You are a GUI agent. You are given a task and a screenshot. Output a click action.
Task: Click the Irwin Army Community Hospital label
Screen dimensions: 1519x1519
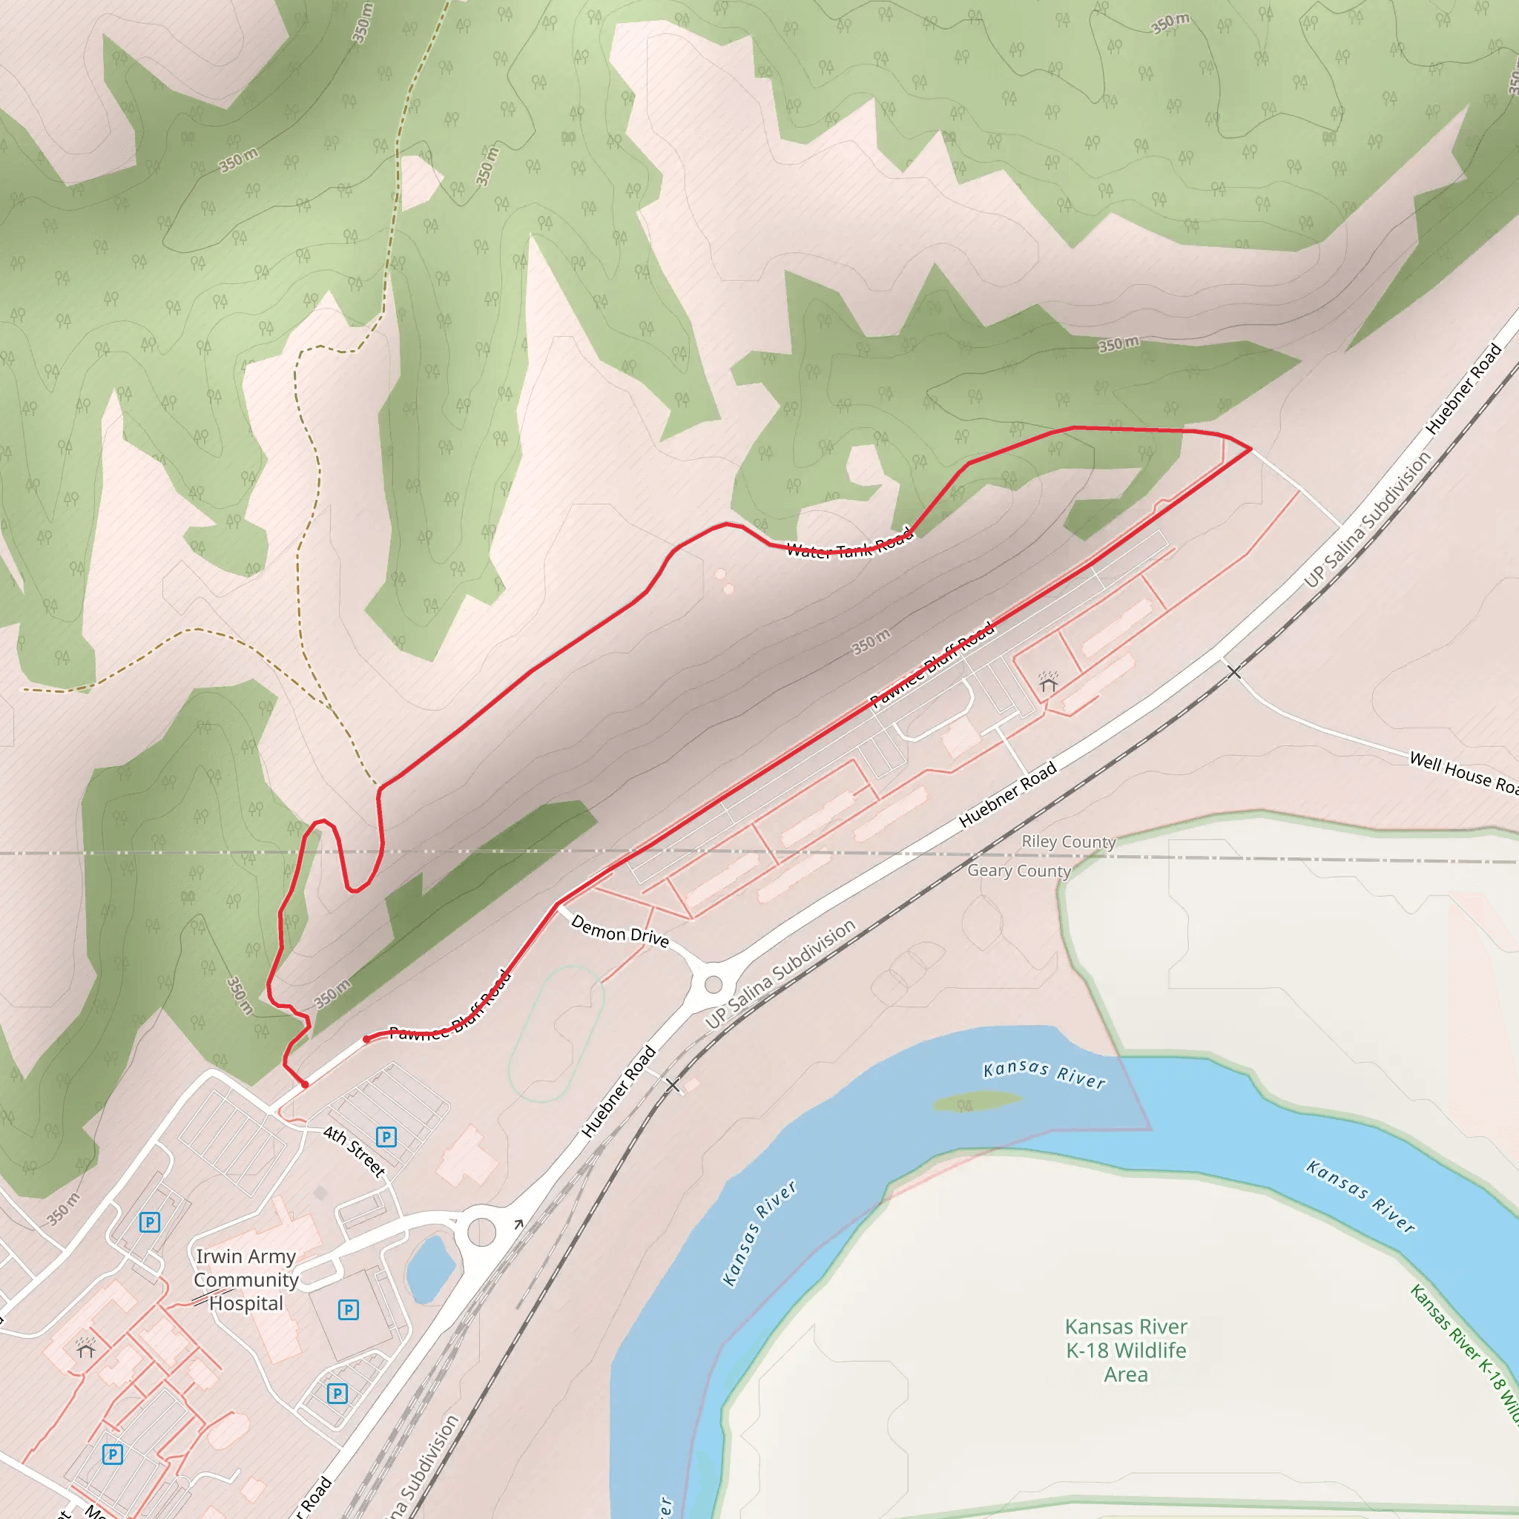tap(246, 1279)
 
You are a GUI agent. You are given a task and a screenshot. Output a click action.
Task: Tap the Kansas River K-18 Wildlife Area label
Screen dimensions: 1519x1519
tap(1125, 1350)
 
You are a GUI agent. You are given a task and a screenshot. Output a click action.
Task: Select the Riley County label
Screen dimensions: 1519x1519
tap(1068, 842)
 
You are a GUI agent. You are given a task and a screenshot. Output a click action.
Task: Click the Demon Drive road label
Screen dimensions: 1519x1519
tap(619, 931)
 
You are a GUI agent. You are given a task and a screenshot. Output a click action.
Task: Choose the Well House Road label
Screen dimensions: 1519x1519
tap(1463, 772)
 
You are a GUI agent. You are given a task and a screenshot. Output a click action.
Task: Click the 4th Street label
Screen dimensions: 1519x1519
tap(355, 1151)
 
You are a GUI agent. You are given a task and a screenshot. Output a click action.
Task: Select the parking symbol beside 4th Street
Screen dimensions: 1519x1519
tap(386, 1137)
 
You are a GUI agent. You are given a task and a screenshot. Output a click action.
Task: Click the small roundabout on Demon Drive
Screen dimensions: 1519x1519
tap(713, 984)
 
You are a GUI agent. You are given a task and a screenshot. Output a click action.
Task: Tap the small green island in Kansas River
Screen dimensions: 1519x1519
tap(977, 1101)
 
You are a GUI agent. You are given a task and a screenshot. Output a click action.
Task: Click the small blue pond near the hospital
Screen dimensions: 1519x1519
tap(431, 1268)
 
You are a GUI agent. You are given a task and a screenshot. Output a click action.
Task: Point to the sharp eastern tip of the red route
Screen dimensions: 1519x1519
tap(1250, 449)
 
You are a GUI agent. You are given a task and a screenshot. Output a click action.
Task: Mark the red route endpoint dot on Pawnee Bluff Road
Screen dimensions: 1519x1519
tap(366, 1039)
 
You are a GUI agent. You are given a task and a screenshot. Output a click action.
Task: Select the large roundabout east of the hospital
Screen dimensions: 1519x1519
tap(481, 1232)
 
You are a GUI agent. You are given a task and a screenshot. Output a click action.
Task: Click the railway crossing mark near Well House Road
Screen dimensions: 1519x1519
tap(1233, 671)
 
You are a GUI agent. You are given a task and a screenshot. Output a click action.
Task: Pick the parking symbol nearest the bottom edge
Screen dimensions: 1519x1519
tap(113, 1454)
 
